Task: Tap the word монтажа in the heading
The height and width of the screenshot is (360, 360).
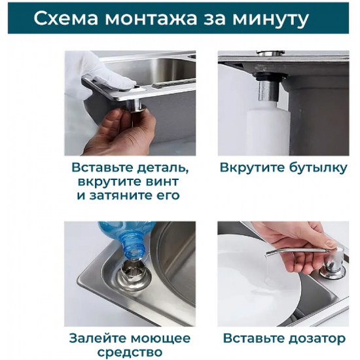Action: (x=155, y=18)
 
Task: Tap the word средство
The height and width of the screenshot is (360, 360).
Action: (x=130, y=353)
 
